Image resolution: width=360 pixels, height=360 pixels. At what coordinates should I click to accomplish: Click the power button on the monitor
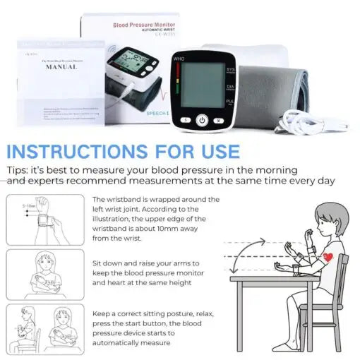(x=202, y=121)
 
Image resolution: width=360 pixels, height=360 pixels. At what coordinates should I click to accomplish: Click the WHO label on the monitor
(x=179, y=59)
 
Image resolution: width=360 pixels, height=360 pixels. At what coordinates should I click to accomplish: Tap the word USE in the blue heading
(x=215, y=152)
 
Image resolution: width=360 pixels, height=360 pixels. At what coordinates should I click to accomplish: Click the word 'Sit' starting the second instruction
(x=99, y=262)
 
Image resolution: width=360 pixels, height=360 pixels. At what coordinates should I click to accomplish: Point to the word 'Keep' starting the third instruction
(x=103, y=313)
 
